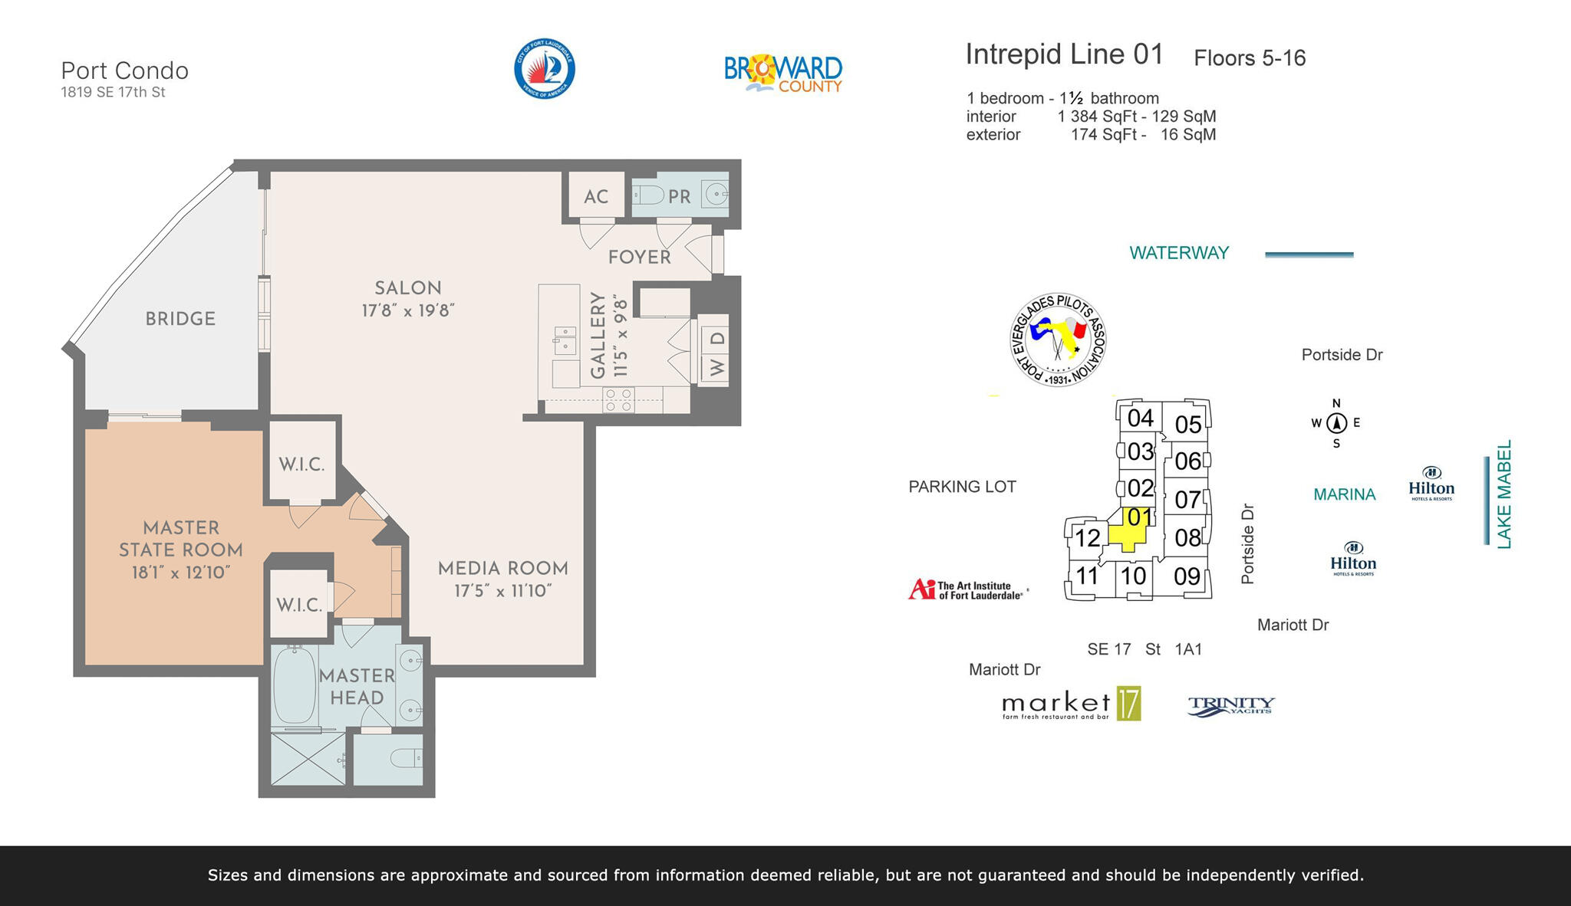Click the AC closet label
pyautogui.click(x=595, y=197)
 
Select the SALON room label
pyautogui.click(x=407, y=288)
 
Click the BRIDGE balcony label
pyautogui.click(x=180, y=319)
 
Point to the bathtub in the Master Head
pyautogui.click(x=295, y=684)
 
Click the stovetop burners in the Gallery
pyautogui.click(x=618, y=399)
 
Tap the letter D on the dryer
pyautogui.click(x=717, y=338)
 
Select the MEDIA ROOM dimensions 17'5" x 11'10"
pyautogui.click(x=502, y=591)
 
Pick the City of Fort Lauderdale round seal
pyautogui.click(x=544, y=69)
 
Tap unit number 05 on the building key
pyautogui.click(x=1187, y=424)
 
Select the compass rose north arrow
pyautogui.click(x=1336, y=422)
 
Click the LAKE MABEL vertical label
pyautogui.click(x=1503, y=494)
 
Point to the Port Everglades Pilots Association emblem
pyautogui.click(x=1058, y=340)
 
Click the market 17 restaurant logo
pyautogui.click(x=1071, y=704)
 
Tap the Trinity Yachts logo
pyautogui.click(x=1230, y=705)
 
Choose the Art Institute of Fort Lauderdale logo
pyautogui.click(x=967, y=589)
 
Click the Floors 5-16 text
pyautogui.click(x=1249, y=58)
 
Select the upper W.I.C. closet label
pyautogui.click(x=301, y=464)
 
